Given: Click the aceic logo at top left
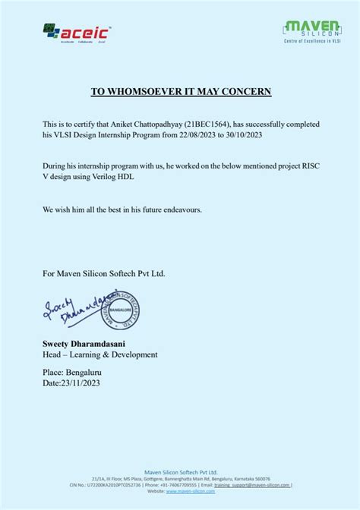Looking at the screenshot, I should coord(77,33).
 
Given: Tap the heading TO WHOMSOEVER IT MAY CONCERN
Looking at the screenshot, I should coord(181,92).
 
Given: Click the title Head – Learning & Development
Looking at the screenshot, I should coord(99,355).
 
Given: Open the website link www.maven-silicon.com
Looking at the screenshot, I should coord(190,491).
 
